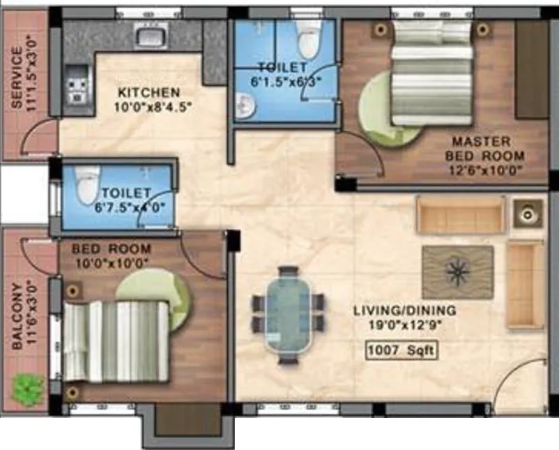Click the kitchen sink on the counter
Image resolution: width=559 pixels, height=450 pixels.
151,35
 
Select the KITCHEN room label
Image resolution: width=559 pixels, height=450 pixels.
149,92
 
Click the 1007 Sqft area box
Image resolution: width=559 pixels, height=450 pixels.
401,350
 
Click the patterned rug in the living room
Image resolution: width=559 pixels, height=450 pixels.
458,272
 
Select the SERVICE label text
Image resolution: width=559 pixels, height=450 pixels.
17,77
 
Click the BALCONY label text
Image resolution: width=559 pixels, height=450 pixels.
17,317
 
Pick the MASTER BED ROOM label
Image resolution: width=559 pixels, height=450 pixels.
485,149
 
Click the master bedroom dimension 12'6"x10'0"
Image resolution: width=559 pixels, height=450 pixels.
484,170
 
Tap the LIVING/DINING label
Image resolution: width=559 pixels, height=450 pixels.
405,310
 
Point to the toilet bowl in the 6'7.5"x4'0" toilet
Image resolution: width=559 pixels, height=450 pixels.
86,186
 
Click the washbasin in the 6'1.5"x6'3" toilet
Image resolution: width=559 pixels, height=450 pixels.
245,105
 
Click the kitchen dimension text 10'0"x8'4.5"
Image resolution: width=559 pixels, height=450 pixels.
153,107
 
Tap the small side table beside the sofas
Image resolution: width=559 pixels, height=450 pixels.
528,213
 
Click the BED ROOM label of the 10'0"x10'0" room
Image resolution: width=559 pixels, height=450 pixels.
112,248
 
